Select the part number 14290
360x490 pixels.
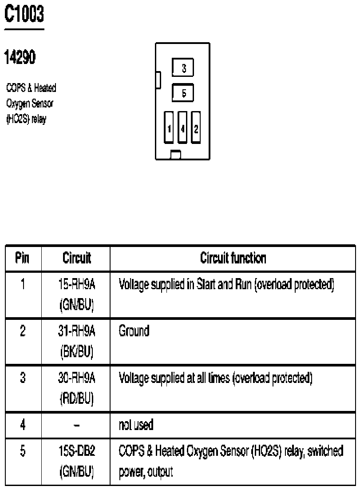[20, 57]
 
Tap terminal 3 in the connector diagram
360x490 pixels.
[183, 68]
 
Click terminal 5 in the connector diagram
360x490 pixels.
[183, 93]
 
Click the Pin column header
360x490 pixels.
[22, 258]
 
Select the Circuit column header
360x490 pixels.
[76, 258]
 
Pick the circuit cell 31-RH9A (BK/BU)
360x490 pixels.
[76, 341]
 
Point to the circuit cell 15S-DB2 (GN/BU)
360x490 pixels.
[76, 462]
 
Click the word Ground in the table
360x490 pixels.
[134, 331]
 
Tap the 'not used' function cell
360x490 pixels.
[136, 425]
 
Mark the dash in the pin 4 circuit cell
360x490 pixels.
[76, 426]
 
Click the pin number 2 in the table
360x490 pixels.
[22, 331]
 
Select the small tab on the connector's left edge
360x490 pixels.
[158, 80]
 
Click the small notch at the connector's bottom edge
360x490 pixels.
[176, 155]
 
